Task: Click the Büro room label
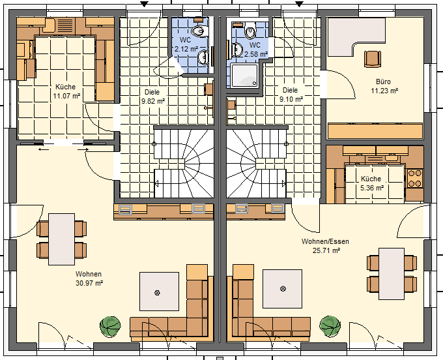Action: (x=383, y=82)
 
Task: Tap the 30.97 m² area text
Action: (x=89, y=283)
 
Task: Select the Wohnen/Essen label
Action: (x=325, y=241)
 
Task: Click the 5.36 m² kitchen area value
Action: (x=372, y=188)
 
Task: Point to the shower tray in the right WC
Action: (x=245, y=75)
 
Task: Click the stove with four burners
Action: (x=415, y=179)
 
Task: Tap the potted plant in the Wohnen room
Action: (x=110, y=327)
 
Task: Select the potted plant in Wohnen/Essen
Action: (x=330, y=327)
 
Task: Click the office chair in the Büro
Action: (x=373, y=59)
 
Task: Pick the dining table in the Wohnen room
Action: (x=62, y=239)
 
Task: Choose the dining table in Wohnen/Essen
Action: (x=392, y=274)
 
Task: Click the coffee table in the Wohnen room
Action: (x=160, y=292)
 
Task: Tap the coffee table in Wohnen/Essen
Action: (x=283, y=289)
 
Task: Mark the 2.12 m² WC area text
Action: (x=186, y=49)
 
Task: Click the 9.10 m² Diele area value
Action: (x=291, y=99)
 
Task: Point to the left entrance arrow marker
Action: (x=145, y=4)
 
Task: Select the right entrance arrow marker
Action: (x=299, y=4)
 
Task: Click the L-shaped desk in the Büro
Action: (x=356, y=37)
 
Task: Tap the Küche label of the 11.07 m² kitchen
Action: (x=66, y=87)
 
